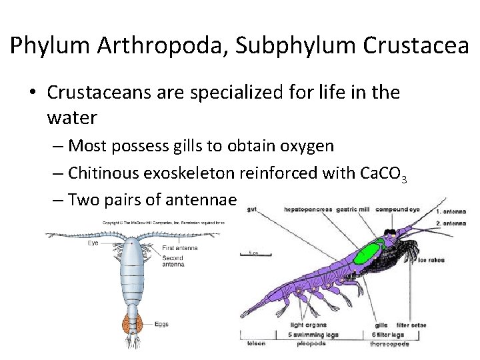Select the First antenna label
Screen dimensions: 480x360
coord(175,248)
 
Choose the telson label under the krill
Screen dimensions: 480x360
coord(256,343)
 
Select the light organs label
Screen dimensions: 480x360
coord(306,325)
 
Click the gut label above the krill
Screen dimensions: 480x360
coord(251,210)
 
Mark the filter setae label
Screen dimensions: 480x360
coord(411,325)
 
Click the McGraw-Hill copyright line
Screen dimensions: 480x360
coord(163,222)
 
